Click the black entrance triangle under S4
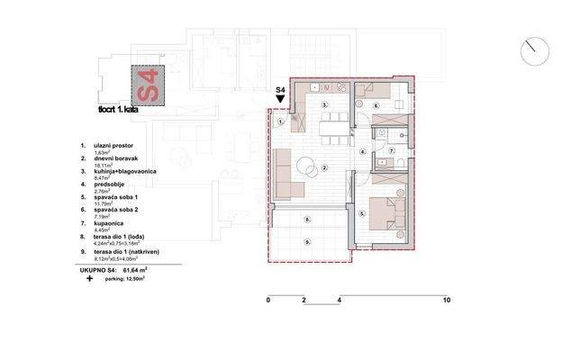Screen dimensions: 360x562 pos(280,101)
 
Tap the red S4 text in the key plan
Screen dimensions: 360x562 pos(149,85)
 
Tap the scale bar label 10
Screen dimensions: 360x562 pos(446,300)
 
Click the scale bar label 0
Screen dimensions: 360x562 pos(268,300)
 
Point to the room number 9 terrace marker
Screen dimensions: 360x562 pos(308,241)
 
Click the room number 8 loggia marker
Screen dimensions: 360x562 pos(308,219)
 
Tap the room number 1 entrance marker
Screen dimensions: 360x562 pos(281,121)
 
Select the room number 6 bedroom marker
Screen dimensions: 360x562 pos(376,105)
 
